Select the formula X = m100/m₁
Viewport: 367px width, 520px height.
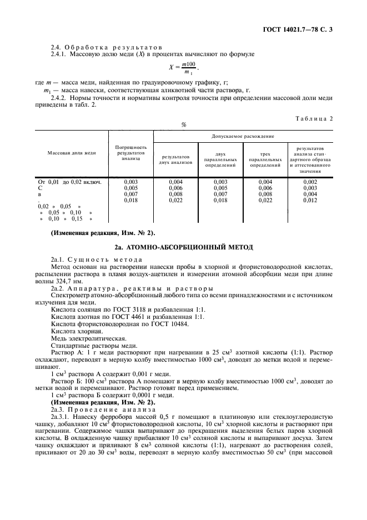183,68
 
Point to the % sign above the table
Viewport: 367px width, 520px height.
183,125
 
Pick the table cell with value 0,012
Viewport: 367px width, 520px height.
310,199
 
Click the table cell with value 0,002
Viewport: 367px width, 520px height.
310,182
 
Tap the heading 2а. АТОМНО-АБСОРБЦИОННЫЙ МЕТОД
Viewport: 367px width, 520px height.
183,246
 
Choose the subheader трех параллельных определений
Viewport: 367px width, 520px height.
265,161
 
